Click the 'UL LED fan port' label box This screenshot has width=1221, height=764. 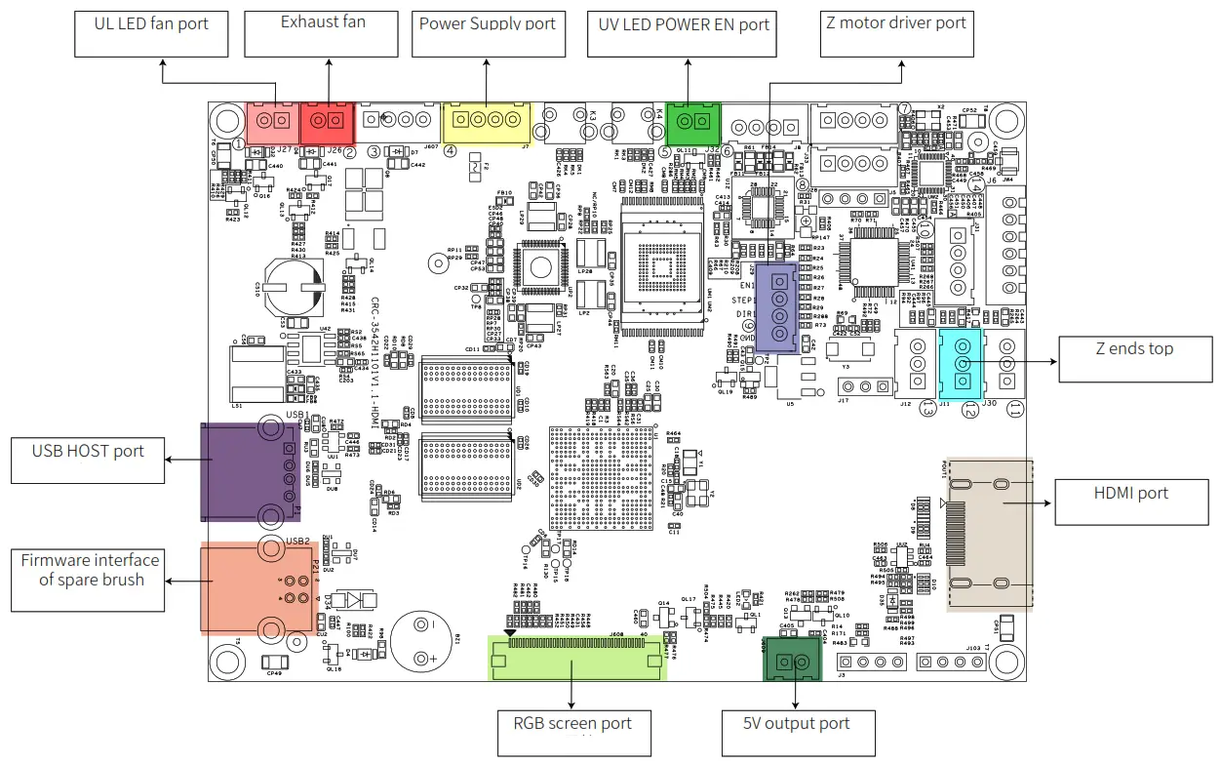point(151,33)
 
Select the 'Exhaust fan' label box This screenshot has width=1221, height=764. point(322,33)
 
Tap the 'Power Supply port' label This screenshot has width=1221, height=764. point(487,33)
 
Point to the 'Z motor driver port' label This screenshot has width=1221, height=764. point(895,33)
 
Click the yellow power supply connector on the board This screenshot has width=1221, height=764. point(487,122)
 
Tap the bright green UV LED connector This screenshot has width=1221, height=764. point(691,121)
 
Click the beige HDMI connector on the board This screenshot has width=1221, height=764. point(989,534)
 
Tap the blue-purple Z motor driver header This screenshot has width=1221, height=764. point(778,306)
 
